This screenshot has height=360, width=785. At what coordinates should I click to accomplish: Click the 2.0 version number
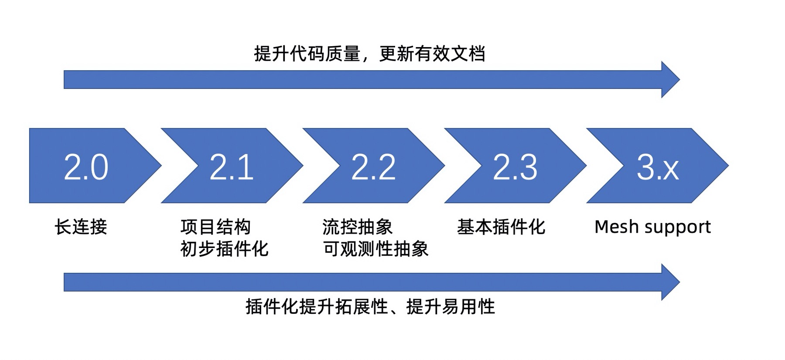tap(86, 167)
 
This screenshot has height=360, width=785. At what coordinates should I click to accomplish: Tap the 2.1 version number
tap(232, 167)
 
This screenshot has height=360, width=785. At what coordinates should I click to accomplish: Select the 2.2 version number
tap(373, 167)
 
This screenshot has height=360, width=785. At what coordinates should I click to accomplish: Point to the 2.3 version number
tap(515, 167)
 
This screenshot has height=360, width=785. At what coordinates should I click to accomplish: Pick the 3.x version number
tap(658, 167)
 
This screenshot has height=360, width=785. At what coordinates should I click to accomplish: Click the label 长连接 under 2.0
tap(81, 227)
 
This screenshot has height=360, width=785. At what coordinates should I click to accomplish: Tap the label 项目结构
tap(215, 227)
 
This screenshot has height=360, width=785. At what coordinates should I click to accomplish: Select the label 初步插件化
tap(225, 249)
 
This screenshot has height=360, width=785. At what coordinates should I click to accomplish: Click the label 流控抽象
tap(358, 227)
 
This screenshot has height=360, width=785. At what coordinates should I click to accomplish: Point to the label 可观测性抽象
tap(375, 249)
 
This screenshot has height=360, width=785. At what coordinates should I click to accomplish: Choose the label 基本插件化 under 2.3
tap(501, 227)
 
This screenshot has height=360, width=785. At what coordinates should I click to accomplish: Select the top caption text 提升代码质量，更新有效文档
tap(369, 54)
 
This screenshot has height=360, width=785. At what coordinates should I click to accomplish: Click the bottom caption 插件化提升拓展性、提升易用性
tap(370, 307)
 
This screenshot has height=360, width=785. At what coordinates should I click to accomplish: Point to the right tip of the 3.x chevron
tap(729, 166)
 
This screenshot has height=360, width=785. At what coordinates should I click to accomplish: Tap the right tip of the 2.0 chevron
tap(161, 166)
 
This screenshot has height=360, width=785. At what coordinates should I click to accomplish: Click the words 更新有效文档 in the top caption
tap(432, 54)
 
